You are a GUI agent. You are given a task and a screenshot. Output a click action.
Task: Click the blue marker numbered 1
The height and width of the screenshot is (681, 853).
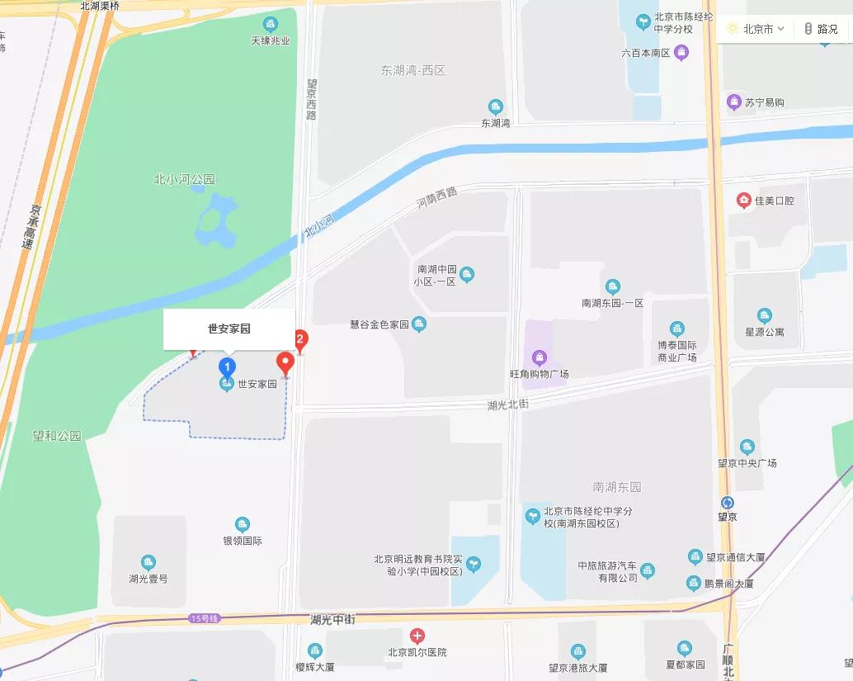pos(227,367)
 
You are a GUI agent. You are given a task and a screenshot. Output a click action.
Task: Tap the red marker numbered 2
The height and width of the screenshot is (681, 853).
pos(301,339)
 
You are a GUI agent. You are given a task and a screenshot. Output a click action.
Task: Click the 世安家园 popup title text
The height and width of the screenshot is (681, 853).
pos(229,329)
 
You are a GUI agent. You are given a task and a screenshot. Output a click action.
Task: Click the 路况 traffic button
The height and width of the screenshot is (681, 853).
pos(822,29)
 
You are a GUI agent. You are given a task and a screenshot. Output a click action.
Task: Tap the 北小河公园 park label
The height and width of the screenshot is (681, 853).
pos(184,179)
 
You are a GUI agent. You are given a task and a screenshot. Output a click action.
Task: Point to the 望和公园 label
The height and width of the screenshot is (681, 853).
pos(57,436)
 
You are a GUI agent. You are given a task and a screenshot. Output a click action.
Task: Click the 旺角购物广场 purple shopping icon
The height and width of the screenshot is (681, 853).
pos(540,357)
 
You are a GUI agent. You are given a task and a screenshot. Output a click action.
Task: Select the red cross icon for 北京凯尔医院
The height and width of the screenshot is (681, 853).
pos(417,636)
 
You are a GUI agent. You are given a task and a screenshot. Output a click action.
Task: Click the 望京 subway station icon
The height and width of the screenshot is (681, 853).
pos(727,503)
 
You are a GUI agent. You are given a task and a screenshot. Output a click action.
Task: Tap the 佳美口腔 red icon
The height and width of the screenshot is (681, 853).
pos(744,201)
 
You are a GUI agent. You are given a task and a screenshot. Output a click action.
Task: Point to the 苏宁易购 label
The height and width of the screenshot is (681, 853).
pos(764,102)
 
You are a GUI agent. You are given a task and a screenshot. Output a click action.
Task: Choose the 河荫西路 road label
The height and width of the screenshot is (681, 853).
pos(436,197)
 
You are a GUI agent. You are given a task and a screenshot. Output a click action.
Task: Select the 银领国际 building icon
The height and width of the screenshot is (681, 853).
pos(242,524)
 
